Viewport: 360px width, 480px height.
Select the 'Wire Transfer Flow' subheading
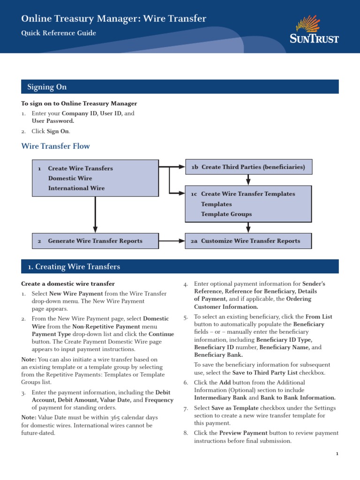(56, 146)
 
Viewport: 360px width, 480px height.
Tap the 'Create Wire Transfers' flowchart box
(95, 178)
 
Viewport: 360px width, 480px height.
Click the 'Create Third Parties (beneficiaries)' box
(248, 167)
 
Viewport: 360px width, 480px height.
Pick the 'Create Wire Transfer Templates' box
(248, 203)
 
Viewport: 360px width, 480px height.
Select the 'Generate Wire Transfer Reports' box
(95, 241)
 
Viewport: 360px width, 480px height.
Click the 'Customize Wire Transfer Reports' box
(248, 241)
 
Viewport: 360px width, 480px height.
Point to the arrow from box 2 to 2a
(172, 241)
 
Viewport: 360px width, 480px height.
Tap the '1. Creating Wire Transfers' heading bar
(180, 267)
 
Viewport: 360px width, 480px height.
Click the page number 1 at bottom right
(337, 454)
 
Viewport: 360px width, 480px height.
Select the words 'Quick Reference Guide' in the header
(59, 33)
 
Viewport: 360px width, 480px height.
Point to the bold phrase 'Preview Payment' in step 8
(243, 433)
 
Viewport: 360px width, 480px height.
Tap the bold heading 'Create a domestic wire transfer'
(68, 284)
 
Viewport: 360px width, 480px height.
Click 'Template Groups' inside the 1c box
(226, 214)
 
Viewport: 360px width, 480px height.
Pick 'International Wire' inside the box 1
(76, 188)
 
